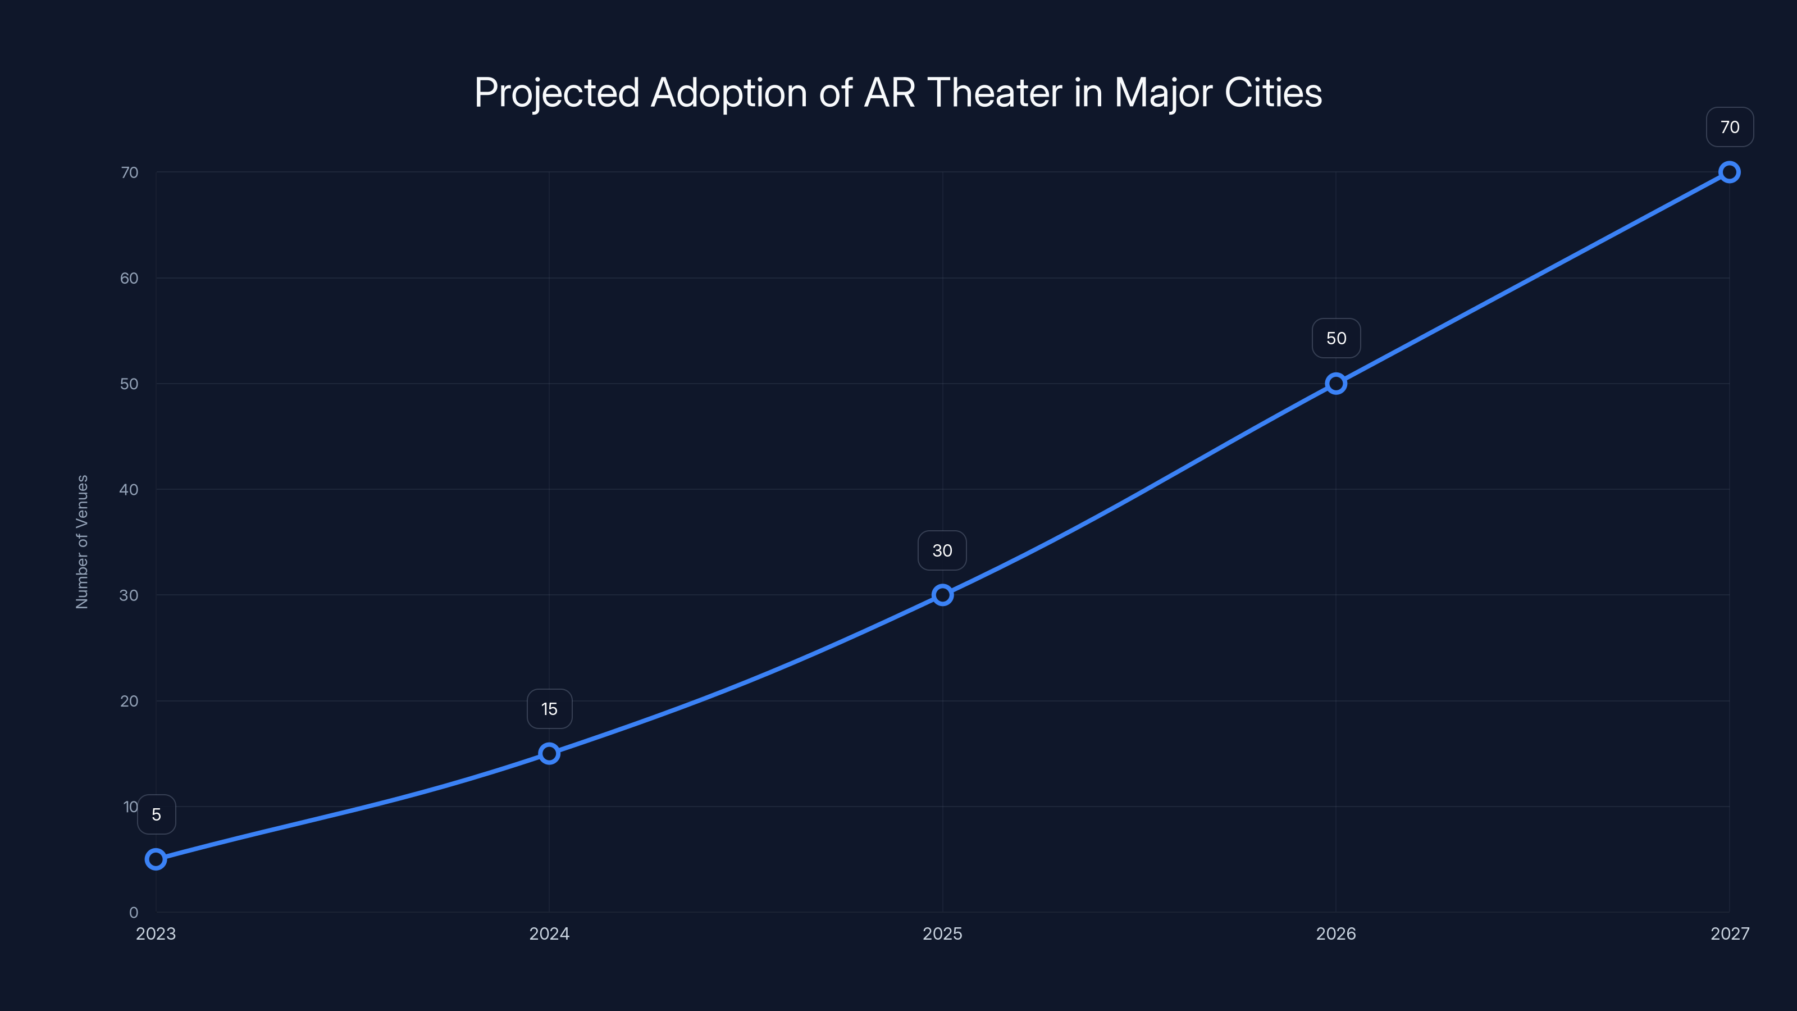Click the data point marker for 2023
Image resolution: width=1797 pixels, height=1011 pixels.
[x=156, y=859]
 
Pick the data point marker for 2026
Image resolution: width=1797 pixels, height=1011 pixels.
[x=1336, y=384]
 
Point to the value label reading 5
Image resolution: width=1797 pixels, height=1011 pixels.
[x=156, y=814]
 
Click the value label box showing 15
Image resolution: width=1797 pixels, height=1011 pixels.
[x=549, y=709]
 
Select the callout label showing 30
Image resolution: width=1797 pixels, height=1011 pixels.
[x=942, y=550]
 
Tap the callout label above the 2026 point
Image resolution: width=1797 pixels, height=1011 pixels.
[x=1336, y=338]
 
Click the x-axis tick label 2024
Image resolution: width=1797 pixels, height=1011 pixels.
[x=549, y=933]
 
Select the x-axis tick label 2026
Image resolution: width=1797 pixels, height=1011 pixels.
[x=1336, y=933]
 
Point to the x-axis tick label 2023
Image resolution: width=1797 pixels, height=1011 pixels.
[x=156, y=933]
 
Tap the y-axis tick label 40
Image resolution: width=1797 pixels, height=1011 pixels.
[x=129, y=490]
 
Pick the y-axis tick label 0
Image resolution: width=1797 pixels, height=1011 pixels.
[x=133, y=913]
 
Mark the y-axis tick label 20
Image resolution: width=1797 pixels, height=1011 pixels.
[x=129, y=701]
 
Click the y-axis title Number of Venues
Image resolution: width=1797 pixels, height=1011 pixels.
[x=83, y=542]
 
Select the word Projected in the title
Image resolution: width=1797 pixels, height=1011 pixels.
[x=557, y=93]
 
